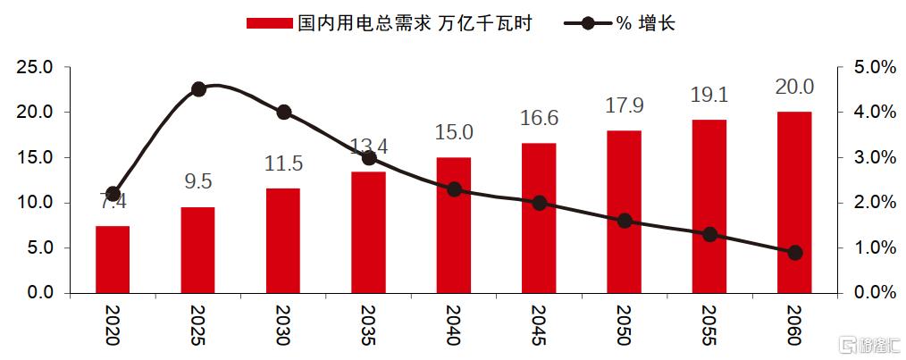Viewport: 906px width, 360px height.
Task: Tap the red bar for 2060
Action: [794, 202]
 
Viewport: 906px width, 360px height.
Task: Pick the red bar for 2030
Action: [283, 240]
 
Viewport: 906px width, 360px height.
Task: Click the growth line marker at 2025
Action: [198, 88]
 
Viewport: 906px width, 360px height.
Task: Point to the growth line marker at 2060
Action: [795, 253]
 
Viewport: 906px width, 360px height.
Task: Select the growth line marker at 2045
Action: [539, 203]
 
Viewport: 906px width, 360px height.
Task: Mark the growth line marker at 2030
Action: [283, 113]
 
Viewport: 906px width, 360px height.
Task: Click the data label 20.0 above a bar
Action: [794, 87]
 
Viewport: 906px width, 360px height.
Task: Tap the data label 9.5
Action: [198, 182]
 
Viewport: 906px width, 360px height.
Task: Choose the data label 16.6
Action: [539, 118]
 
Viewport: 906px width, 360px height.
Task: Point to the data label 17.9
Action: [625, 105]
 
